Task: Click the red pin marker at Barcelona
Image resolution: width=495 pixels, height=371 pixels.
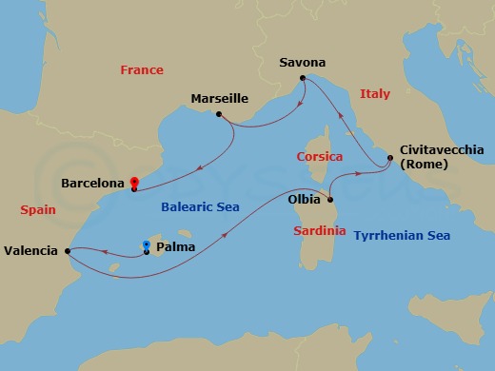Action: (x=134, y=182)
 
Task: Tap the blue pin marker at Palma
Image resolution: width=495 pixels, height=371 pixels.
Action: (x=146, y=245)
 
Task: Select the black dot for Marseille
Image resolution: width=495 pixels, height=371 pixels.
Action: (x=220, y=115)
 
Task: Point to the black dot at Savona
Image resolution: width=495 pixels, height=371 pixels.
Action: (x=302, y=78)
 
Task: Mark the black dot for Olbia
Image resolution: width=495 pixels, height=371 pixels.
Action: (x=329, y=201)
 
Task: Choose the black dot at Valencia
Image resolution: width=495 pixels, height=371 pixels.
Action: (x=68, y=251)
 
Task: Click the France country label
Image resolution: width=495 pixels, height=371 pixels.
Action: (x=142, y=70)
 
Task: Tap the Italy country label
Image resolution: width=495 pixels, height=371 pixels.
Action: (x=375, y=93)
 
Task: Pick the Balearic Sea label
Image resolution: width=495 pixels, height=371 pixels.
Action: (x=201, y=206)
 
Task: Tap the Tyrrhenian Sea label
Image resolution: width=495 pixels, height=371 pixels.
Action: (x=402, y=235)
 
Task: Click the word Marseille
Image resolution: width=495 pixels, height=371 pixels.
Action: (x=220, y=98)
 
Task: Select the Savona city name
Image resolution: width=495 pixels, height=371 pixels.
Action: (x=303, y=63)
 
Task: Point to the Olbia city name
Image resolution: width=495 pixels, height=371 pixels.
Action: (x=304, y=201)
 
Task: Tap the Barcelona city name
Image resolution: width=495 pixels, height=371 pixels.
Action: (x=93, y=181)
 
